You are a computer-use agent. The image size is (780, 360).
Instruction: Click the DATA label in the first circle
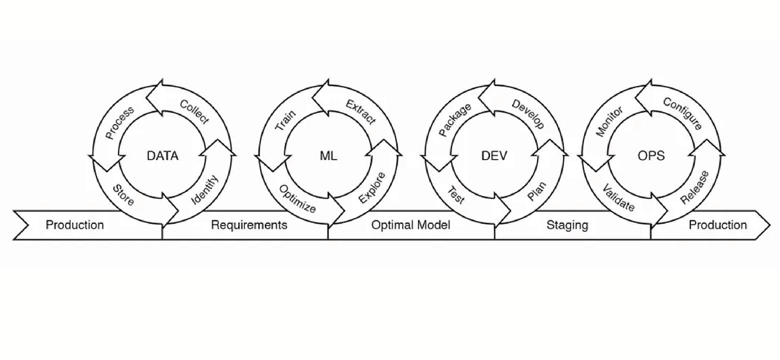162,156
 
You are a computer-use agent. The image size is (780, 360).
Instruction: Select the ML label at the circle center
328,156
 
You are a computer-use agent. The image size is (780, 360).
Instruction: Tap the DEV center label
494,156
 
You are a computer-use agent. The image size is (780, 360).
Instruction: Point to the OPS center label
651,156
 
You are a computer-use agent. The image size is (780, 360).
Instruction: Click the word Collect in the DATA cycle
194,112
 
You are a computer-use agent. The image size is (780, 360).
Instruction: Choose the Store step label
123,195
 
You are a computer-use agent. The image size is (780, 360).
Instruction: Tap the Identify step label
205,189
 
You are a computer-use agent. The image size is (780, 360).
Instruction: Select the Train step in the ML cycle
285,120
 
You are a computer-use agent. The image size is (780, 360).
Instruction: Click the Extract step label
360,112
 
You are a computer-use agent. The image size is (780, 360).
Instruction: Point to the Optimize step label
297,198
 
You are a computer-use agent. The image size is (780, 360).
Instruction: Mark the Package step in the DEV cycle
454,120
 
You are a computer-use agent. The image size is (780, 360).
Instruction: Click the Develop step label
528,114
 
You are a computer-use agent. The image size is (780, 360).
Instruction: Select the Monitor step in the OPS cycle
609,121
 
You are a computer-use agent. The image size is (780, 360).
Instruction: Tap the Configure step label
683,113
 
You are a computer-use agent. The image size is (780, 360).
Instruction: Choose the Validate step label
618,197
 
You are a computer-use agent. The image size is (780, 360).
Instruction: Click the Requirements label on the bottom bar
249,225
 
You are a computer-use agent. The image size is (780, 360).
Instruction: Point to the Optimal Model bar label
410,225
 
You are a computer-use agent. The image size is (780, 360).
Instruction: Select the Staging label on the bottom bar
567,225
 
